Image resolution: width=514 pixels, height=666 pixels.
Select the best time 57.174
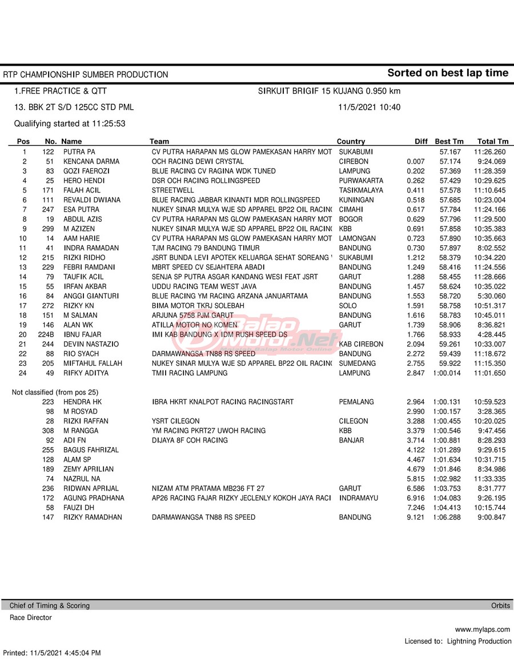pyautogui.click(x=450, y=162)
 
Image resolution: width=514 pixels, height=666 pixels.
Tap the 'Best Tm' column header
pyautogui.click(x=449, y=142)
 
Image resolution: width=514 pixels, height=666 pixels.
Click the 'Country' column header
pyautogui.click(x=351, y=142)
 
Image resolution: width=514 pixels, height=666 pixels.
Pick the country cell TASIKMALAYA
pyautogui.click(x=361, y=190)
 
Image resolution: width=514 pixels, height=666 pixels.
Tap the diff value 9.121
pyautogui.click(x=415, y=517)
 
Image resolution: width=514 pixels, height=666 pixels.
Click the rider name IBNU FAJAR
pyautogui.click(x=82, y=334)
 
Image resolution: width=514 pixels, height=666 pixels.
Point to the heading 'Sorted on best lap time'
pyautogui.click(x=447, y=73)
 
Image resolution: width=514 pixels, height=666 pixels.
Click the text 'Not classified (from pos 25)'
pyautogui.click(x=55, y=392)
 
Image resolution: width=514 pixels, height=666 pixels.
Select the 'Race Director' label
pyautogui.click(x=30, y=617)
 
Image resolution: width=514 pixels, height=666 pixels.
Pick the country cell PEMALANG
pyautogui.click(x=356, y=402)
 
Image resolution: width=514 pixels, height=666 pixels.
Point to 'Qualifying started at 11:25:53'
pyautogui.click(x=70, y=123)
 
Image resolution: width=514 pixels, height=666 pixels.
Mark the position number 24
pyautogui.click(x=24, y=373)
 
